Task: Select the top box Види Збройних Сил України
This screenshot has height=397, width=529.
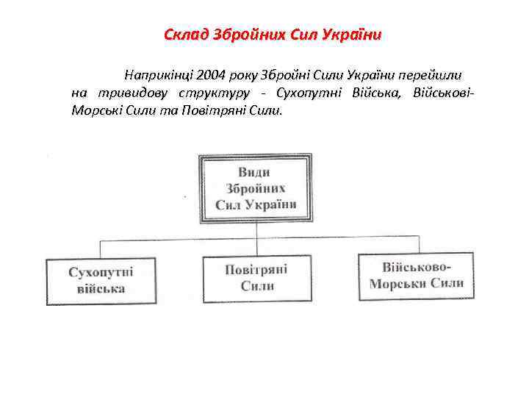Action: coord(255,187)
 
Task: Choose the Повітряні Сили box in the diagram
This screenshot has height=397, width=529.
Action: coord(256,278)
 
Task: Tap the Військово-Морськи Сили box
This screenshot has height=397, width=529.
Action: coord(416,275)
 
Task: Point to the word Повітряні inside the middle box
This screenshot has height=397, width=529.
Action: coord(256,269)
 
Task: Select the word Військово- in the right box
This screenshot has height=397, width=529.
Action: coord(416,266)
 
